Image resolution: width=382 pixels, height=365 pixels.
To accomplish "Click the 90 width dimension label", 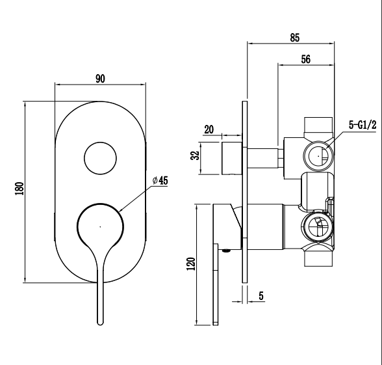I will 100,79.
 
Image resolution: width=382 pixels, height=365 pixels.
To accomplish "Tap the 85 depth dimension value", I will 294,38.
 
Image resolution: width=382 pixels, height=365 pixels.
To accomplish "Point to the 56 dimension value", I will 305,59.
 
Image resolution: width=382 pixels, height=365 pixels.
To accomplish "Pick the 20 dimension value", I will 209,129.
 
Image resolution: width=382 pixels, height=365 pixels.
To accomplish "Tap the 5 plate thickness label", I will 261,296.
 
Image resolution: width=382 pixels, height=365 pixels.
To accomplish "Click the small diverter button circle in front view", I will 100,158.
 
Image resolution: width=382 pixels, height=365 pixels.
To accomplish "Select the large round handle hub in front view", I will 99,226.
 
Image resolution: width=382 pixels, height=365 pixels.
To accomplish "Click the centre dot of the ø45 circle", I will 99,226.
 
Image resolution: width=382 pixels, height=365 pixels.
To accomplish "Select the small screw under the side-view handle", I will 226,249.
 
